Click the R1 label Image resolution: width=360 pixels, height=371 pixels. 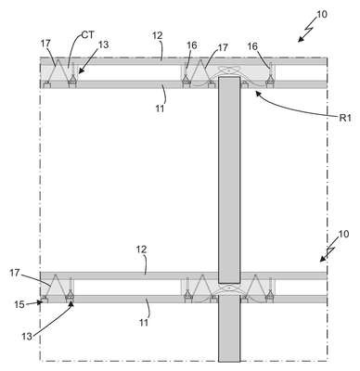pyautogui.click(x=345, y=118)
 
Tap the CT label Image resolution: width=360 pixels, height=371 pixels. pyautogui.click(x=87, y=34)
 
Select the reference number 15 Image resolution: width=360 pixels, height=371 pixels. pyautogui.click(x=19, y=304)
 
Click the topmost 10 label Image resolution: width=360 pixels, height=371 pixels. pyautogui.click(x=322, y=14)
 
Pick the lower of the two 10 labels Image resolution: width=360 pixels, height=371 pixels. pyautogui.click(x=343, y=234)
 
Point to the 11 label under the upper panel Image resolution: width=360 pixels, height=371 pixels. pyautogui.click(x=160, y=109)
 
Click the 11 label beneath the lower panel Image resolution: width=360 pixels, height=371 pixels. pyautogui.click(x=144, y=323)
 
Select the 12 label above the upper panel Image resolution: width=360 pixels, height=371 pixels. pyautogui.click(x=158, y=35)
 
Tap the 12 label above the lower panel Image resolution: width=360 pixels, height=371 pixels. pyautogui.click(x=141, y=249)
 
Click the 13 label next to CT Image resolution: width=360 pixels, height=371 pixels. pyautogui.click(x=104, y=45)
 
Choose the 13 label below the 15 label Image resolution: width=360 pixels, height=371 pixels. pyautogui.click(x=27, y=336)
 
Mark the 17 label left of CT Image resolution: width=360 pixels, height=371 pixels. pyautogui.click(x=45, y=44)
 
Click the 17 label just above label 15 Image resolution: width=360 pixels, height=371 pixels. pyautogui.click(x=15, y=273)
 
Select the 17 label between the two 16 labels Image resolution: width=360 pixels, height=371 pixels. pyautogui.click(x=223, y=47)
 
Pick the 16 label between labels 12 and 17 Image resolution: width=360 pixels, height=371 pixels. pyautogui.click(x=192, y=45)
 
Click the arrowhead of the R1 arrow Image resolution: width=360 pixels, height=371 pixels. pyautogui.click(x=256, y=93)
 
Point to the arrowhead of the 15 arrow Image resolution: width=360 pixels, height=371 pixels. pyautogui.click(x=40, y=302)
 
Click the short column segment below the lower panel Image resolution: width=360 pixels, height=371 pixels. pyautogui.click(x=229, y=328)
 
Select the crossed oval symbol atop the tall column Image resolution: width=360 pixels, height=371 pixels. pyautogui.click(x=228, y=71)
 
